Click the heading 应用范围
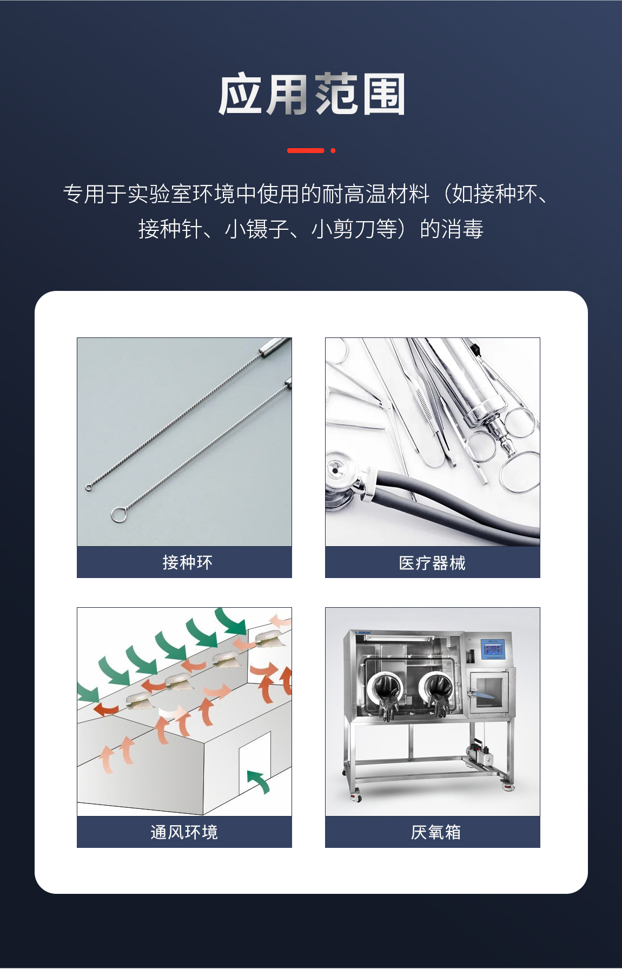(x=312, y=95)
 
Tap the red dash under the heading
(x=306, y=150)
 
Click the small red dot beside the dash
(x=333, y=150)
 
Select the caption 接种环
(x=187, y=562)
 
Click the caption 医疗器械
(x=432, y=563)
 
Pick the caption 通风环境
(x=184, y=832)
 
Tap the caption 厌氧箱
(x=435, y=832)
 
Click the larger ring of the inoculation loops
(x=118, y=515)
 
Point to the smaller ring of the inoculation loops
(x=89, y=488)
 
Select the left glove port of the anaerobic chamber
(x=385, y=689)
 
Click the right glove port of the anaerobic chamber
(x=436, y=689)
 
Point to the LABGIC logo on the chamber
(x=363, y=632)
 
